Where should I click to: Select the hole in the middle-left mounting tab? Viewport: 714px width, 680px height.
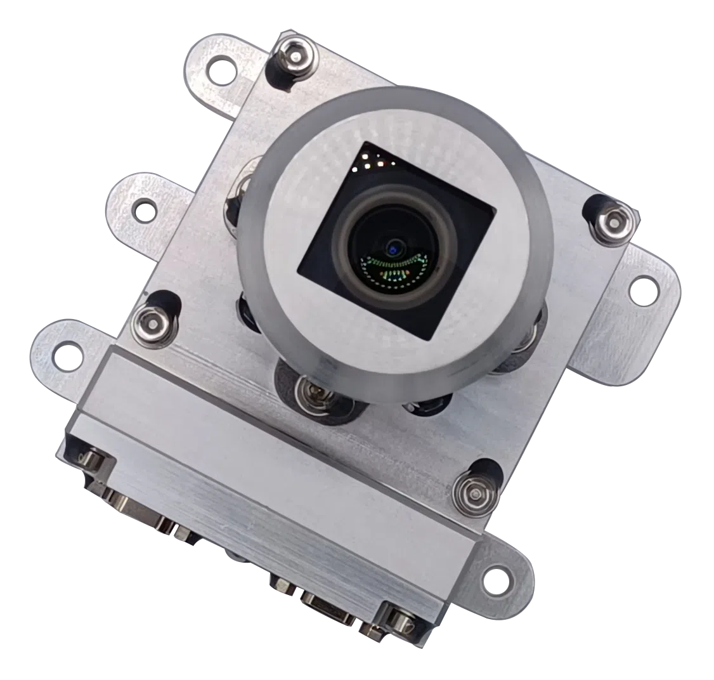pos(146,209)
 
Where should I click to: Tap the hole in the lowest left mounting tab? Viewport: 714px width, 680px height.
pos(67,356)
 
